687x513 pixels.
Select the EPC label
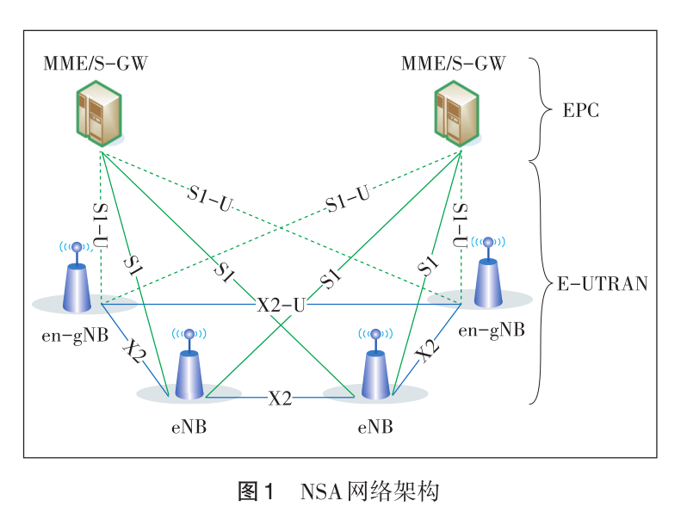(x=580, y=111)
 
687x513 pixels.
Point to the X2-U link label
(x=282, y=305)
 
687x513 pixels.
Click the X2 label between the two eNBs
(x=280, y=399)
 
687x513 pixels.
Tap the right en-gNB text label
(x=491, y=330)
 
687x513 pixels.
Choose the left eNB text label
(x=188, y=426)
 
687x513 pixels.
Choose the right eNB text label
(x=375, y=426)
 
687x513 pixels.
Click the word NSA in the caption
(x=320, y=492)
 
